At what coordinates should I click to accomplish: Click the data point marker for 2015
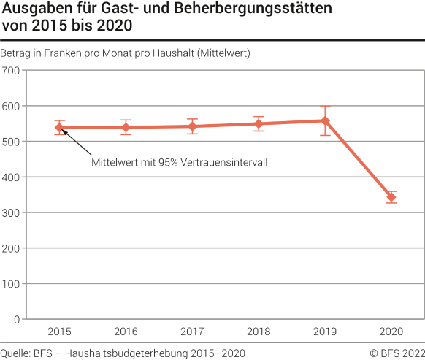(x=60, y=127)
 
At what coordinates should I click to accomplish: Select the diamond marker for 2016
(x=126, y=128)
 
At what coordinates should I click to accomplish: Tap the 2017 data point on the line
(x=192, y=126)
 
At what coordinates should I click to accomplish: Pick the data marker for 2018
(x=259, y=123)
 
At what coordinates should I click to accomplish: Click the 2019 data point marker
(x=325, y=120)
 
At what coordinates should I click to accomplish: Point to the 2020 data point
(x=391, y=197)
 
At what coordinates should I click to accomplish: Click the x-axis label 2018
(x=259, y=332)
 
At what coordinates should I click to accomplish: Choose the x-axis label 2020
(x=391, y=332)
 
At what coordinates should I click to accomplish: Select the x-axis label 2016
(x=126, y=332)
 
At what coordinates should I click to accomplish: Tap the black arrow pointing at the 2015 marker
(x=75, y=142)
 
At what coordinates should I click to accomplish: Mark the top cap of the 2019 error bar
(x=325, y=107)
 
